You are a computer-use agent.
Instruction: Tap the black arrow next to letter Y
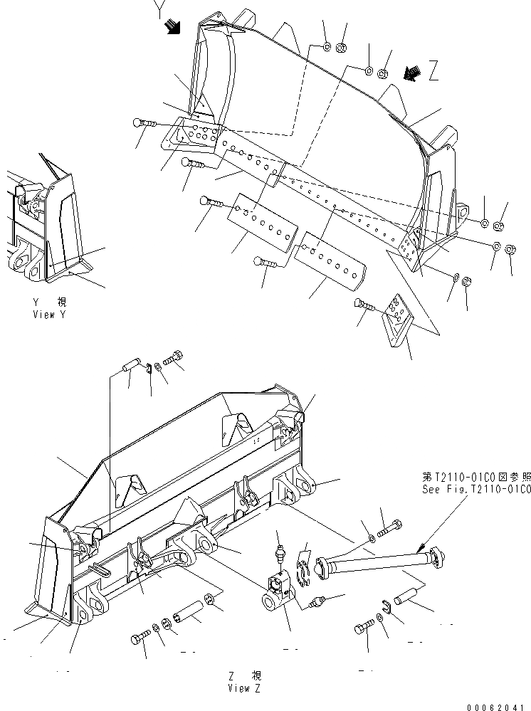172,26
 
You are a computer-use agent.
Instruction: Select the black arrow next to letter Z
409,73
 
